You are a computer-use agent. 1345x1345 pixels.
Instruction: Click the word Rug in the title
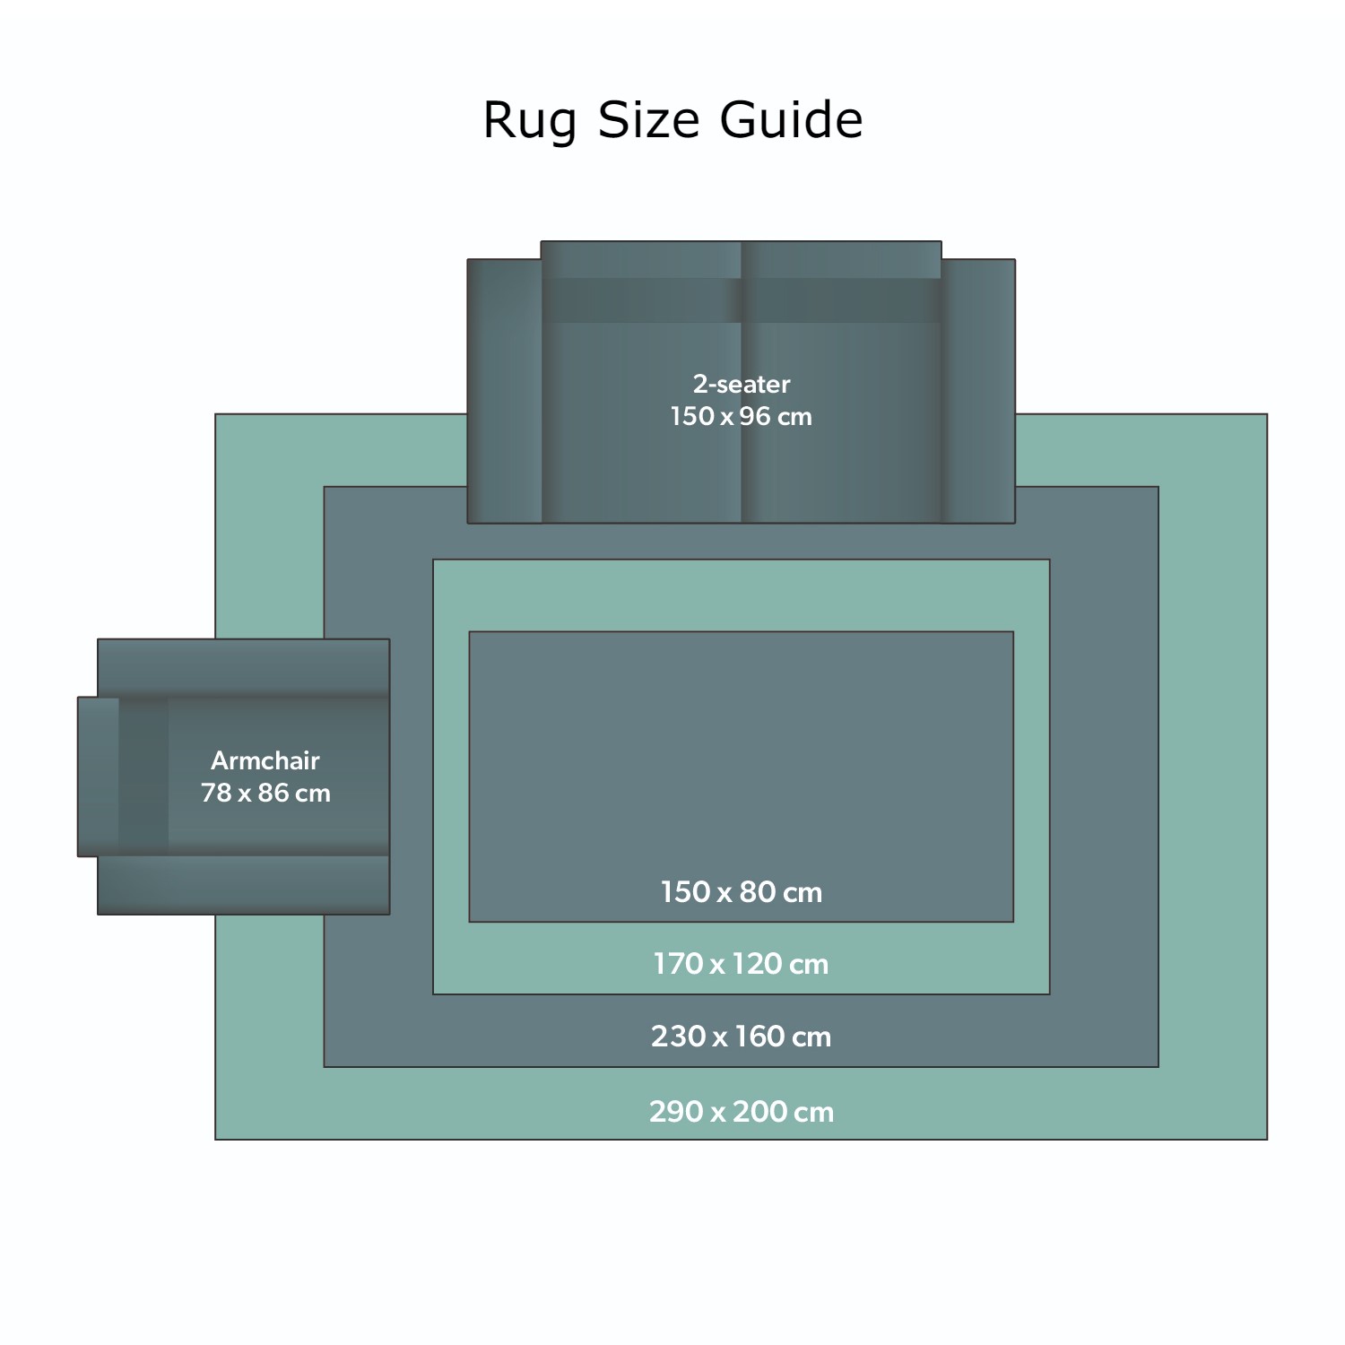tap(530, 120)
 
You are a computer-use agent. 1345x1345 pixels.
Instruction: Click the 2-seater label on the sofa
tap(742, 384)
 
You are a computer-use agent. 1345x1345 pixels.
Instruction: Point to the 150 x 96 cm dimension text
tap(742, 416)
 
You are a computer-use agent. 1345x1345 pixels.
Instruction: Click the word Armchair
tap(265, 760)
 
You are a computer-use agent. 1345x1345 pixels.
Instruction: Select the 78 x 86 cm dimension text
tap(265, 793)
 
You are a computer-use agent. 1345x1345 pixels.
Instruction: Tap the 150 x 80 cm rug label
tap(742, 892)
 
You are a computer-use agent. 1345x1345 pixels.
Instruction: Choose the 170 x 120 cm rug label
tap(742, 964)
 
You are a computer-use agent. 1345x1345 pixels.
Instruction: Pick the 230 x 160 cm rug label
tap(742, 1037)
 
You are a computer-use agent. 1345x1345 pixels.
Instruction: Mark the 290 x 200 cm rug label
tap(742, 1112)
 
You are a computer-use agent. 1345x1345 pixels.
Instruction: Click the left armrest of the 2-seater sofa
tap(504, 391)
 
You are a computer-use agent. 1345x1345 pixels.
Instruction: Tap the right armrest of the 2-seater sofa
tap(979, 391)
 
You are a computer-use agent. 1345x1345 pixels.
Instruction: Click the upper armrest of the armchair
tap(244, 667)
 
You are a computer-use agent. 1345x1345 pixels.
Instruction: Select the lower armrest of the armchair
tap(244, 885)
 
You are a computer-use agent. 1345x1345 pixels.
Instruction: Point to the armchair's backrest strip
tap(99, 777)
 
